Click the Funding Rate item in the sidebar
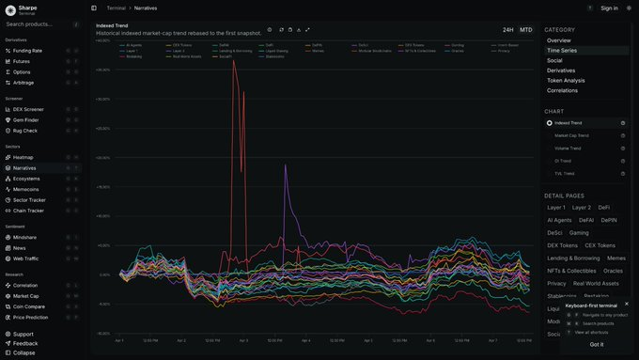pos(28,51)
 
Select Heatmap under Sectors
pos(23,157)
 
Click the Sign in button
pos(609,8)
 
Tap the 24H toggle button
pos(507,30)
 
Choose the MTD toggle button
pos(525,30)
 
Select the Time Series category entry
pos(562,51)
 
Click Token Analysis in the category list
pos(567,81)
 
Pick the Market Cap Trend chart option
pos(571,135)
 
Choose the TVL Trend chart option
pos(566,174)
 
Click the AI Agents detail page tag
pos(559,219)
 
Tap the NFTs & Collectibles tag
pos(571,271)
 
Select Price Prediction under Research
pos(32,317)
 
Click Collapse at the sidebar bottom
pos(24,352)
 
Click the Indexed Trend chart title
pos(113,25)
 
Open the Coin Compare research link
pos(29,306)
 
